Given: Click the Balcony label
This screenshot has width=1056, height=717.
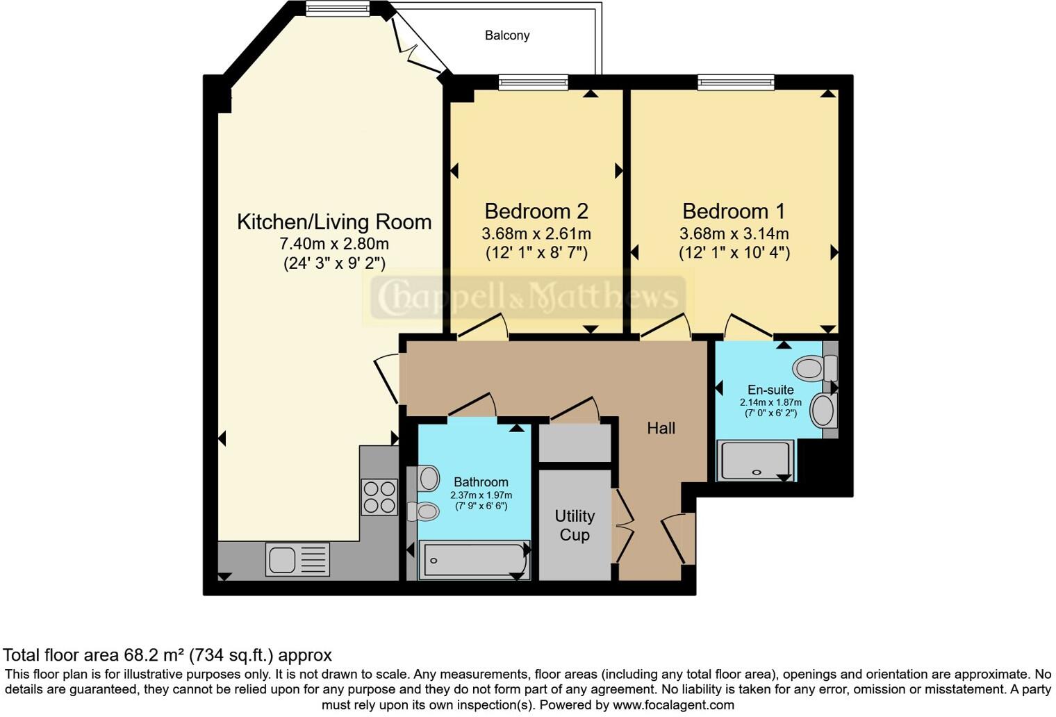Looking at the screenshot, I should (507, 35).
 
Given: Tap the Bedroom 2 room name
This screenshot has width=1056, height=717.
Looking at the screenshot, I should (536, 211).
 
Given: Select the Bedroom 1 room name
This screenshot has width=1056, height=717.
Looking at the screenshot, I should (734, 211).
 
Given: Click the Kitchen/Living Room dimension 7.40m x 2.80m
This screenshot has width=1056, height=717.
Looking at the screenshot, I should (334, 244).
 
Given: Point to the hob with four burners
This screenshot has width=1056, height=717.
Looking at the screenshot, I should (379, 497).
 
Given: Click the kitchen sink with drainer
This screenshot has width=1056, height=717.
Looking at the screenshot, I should (297, 559).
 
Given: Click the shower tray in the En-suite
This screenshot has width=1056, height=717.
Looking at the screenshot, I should (757, 461).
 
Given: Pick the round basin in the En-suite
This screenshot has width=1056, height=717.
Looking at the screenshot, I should (823, 410).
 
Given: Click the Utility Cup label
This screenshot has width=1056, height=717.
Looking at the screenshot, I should (575, 525).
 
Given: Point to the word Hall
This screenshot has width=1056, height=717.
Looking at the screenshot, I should (661, 428).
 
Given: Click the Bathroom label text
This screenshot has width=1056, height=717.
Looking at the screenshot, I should (481, 481).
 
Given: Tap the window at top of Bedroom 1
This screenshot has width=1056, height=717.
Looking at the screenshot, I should (736, 82).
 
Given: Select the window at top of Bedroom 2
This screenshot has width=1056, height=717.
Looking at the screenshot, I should (533, 82).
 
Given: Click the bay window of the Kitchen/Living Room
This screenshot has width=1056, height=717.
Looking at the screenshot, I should (338, 8).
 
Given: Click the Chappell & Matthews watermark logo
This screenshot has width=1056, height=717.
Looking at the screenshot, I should (525, 297).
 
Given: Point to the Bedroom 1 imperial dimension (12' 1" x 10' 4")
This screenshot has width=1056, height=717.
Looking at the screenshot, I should (734, 252).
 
